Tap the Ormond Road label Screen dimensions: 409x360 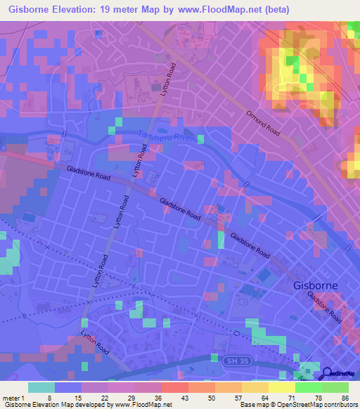click(x=266, y=125)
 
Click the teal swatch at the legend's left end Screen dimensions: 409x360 click(x=41, y=387)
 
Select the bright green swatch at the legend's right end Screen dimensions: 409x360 click(x=335, y=387)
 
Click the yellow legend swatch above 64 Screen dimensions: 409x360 click(x=255, y=387)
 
